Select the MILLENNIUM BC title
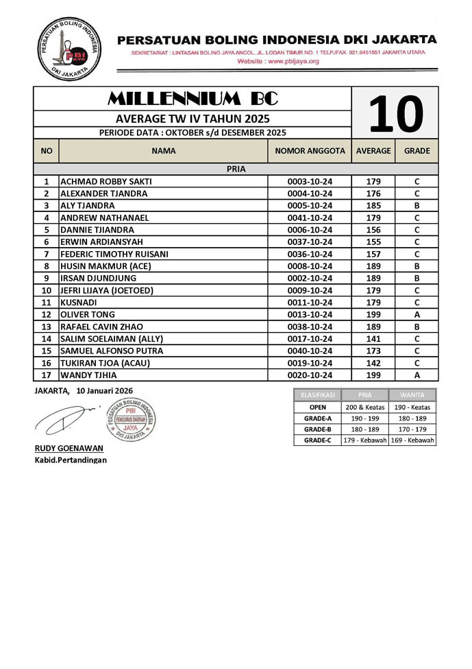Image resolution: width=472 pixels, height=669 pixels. [x=192, y=98]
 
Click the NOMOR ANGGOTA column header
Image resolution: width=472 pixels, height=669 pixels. [x=310, y=150]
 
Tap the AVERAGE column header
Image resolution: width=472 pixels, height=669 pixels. [x=373, y=150]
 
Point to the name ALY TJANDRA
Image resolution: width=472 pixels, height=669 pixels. [x=88, y=206]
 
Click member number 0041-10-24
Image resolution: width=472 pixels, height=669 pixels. [x=310, y=218]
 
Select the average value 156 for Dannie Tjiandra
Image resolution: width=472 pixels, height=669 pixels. [x=373, y=230]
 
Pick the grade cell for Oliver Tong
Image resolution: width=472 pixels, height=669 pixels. [x=417, y=315]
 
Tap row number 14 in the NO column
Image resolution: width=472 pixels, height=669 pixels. [x=47, y=339]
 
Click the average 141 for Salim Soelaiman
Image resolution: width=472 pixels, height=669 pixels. [x=373, y=339]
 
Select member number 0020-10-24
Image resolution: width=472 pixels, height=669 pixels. [x=310, y=375]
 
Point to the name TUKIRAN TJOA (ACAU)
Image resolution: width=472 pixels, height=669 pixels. [x=105, y=363]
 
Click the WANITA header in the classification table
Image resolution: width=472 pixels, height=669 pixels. [x=412, y=395]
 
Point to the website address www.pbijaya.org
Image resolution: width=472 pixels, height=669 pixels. [x=278, y=61]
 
